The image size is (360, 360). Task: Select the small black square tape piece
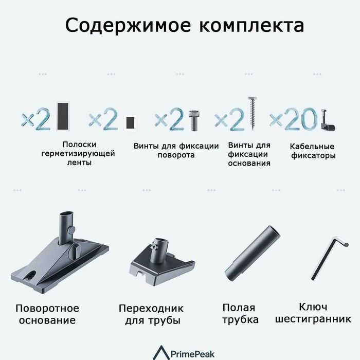coord(130,122)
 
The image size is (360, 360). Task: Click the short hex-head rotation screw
coord(194,120)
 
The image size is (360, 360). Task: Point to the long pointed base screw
coord(252,113)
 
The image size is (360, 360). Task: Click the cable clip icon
coord(327,121)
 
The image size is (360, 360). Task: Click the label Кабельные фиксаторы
coord(312,151)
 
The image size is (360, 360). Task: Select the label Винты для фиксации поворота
coord(176,150)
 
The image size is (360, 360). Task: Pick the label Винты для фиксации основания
coord(249,154)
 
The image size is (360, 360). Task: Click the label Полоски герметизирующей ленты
coord(78,153)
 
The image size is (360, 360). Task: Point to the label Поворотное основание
coord(47,314)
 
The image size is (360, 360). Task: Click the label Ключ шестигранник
coord(313,313)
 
